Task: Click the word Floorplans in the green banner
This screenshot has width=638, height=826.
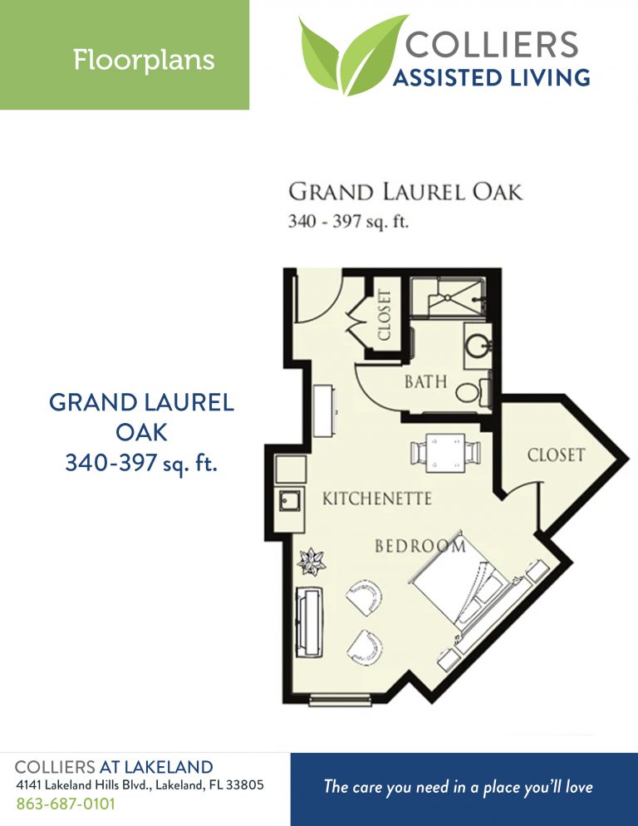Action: [x=144, y=60]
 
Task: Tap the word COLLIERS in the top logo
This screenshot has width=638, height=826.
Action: [x=492, y=43]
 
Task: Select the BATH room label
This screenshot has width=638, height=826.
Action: [x=425, y=382]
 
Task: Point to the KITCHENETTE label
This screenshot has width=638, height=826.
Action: [x=376, y=499]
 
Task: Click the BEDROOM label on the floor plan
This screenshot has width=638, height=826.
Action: [x=420, y=546]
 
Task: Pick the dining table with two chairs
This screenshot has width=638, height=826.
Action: [x=445, y=452]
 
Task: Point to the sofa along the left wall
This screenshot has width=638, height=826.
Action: [x=309, y=622]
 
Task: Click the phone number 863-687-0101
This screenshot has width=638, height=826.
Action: [x=66, y=804]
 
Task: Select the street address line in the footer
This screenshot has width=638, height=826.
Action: [x=140, y=785]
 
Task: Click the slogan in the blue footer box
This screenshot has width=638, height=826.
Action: [x=459, y=787]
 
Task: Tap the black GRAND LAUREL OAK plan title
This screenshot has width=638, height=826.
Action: [x=405, y=192]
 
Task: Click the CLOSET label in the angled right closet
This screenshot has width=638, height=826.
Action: [x=556, y=455]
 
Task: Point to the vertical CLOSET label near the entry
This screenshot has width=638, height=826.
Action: [x=384, y=315]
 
